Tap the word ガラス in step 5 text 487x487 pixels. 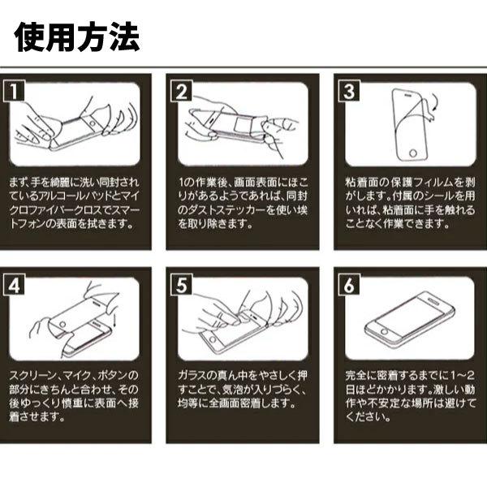coord(192,377)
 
